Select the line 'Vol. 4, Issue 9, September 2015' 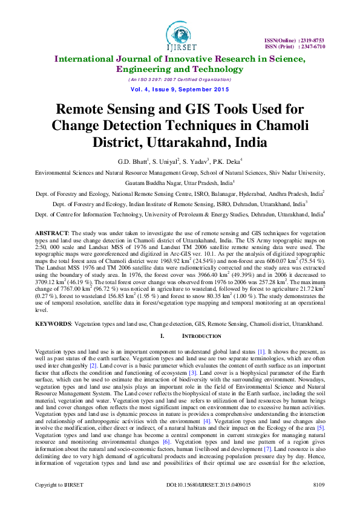180,89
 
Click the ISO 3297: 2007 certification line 180,80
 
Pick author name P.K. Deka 229,162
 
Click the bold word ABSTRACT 51,232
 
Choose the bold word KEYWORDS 53,324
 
